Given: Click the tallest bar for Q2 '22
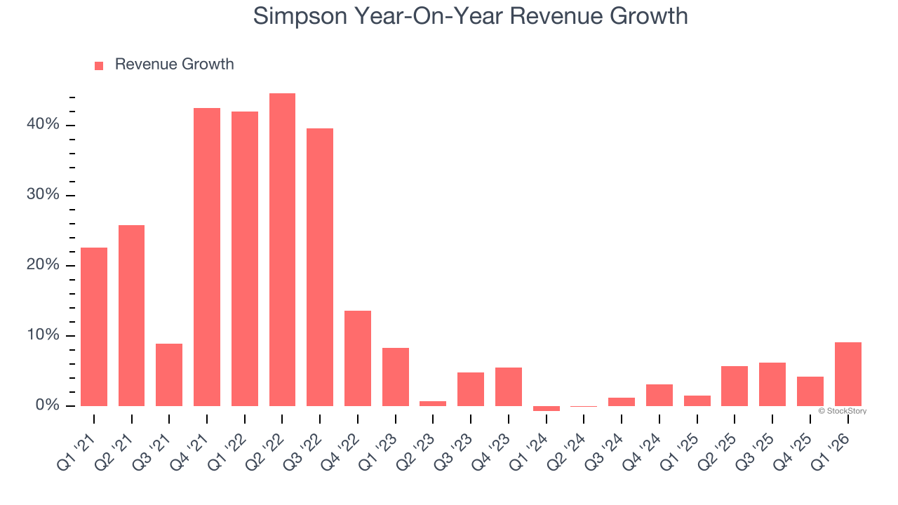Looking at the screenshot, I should tap(282, 250).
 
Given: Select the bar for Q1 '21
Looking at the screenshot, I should tap(94, 327).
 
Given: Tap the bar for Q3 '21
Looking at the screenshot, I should tap(169, 375).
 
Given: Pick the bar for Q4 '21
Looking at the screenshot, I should tap(207, 257).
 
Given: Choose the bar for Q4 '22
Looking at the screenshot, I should tap(358, 358).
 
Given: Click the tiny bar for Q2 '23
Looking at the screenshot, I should tap(433, 403).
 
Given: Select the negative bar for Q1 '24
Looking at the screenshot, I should tap(546, 408).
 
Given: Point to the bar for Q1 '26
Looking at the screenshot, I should tap(847, 374).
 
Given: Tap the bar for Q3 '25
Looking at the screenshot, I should tap(772, 384).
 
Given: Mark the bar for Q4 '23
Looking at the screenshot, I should tap(508, 386).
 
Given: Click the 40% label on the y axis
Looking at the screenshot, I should tap(43, 125).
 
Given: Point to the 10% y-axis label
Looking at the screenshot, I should tap(43, 335).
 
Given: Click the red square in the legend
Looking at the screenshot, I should tap(99, 65).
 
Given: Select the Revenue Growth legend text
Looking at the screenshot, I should tap(174, 65).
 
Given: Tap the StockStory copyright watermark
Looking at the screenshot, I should tap(842, 411).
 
